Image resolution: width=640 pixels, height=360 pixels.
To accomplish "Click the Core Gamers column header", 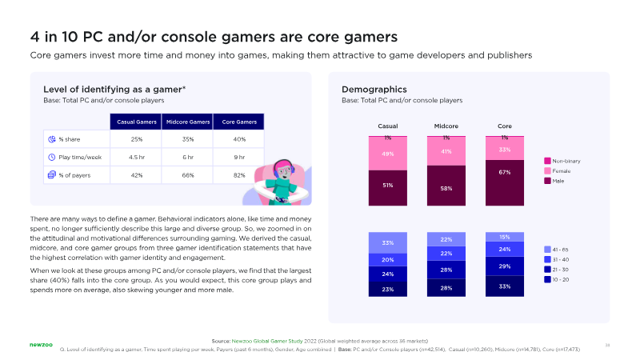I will click(x=240, y=122).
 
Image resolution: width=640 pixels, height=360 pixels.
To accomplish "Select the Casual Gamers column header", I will click(x=136, y=122).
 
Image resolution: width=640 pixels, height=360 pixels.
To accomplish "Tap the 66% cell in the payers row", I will click(x=188, y=175).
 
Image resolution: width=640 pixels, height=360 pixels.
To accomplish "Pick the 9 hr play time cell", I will click(x=240, y=157).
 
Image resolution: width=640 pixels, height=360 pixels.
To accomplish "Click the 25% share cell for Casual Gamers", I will click(x=136, y=139).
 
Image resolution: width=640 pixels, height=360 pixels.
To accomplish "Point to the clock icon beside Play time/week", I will click(x=52, y=157).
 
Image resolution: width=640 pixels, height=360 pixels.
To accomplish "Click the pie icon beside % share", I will click(x=52, y=139).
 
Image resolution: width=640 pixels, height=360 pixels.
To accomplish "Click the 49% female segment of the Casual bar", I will click(x=388, y=154).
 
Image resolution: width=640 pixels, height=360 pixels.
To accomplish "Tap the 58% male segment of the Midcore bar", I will click(x=446, y=188).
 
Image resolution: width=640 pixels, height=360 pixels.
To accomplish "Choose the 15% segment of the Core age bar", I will click(x=505, y=237).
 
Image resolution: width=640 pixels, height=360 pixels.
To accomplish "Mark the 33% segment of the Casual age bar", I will click(x=388, y=243).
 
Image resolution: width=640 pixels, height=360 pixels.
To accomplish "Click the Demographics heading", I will click(x=374, y=89).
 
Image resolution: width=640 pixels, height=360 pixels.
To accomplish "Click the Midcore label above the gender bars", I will click(x=446, y=126).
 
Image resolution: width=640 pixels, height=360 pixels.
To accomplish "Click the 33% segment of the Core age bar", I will click(x=505, y=286).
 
